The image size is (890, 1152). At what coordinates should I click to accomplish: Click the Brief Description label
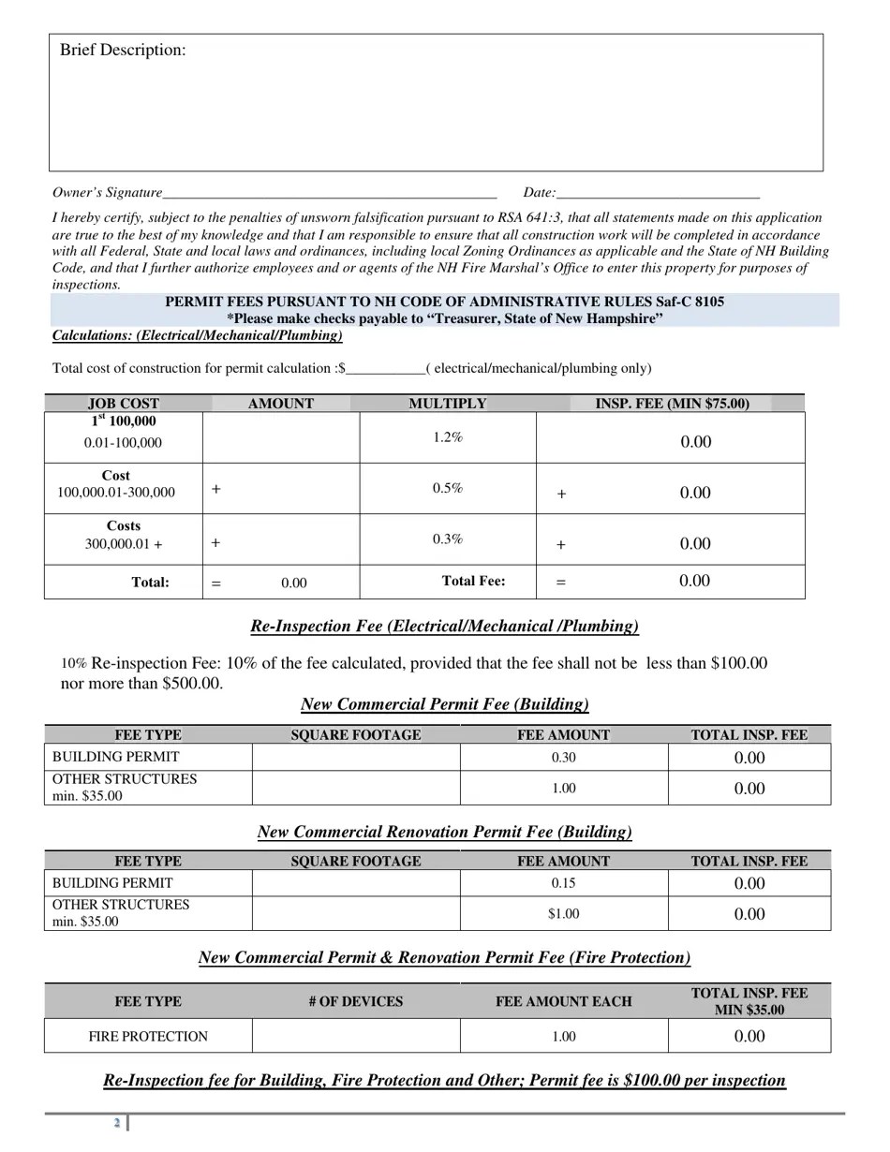[123, 51]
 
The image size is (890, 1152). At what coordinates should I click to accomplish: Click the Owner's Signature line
[328, 194]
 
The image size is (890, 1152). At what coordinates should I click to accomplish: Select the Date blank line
[657, 194]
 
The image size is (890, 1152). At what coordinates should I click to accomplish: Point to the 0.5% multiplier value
[448, 488]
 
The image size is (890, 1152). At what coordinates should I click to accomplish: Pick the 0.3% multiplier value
[448, 539]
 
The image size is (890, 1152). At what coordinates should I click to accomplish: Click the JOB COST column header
[124, 404]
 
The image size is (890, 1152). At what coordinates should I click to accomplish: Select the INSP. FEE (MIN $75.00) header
[672, 404]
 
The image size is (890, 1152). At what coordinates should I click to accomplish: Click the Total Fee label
[473, 581]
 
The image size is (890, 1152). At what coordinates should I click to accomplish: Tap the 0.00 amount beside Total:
[293, 583]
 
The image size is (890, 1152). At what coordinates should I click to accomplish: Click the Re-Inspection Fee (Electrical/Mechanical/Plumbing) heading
[444, 626]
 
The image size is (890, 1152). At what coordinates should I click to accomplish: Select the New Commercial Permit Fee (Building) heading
[444, 703]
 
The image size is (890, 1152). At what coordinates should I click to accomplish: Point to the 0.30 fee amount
[563, 757]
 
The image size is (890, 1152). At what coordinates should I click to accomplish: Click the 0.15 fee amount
[563, 883]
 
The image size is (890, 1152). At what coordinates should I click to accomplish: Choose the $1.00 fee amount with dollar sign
[563, 914]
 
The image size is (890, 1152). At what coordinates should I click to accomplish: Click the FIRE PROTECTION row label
[148, 1036]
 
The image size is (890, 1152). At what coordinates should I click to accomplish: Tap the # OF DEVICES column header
[355, 1001]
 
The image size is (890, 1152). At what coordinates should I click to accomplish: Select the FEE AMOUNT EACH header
[563, 1001]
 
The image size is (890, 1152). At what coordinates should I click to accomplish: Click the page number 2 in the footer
[117, 1123]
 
